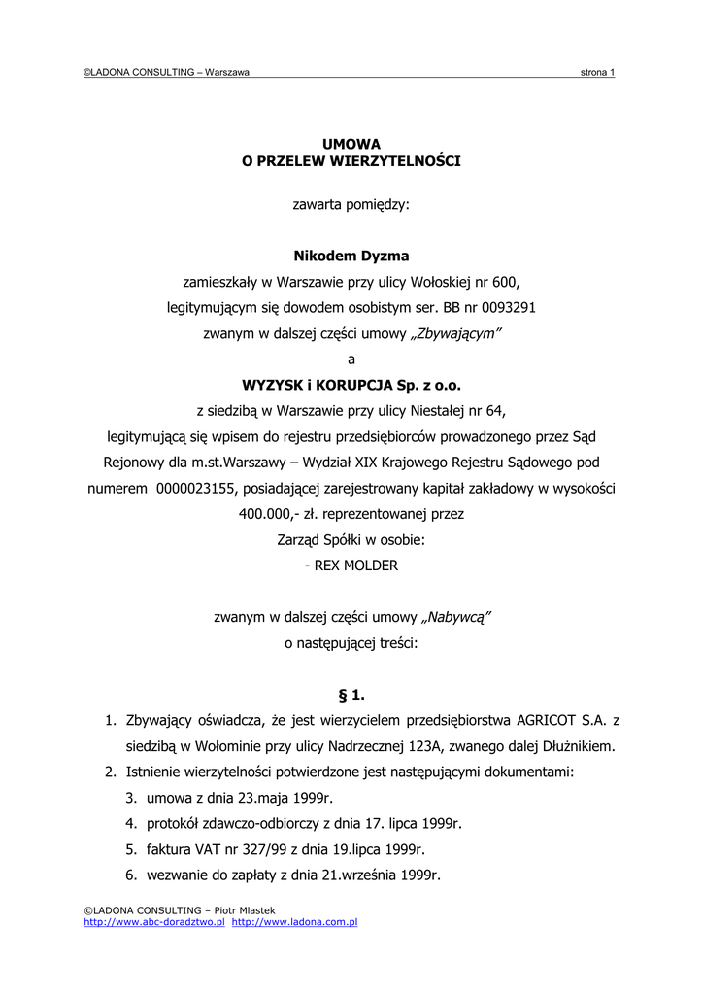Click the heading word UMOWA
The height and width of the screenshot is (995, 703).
[x=351, y=144]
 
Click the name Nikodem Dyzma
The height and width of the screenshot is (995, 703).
[x=351, y=257]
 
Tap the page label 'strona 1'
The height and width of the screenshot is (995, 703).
[x=597, y=73]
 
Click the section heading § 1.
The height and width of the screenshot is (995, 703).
[x=351, y=695]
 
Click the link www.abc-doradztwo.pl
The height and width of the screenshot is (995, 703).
[x=154, y=921]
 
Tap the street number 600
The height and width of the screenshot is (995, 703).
[x=505, y=283]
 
